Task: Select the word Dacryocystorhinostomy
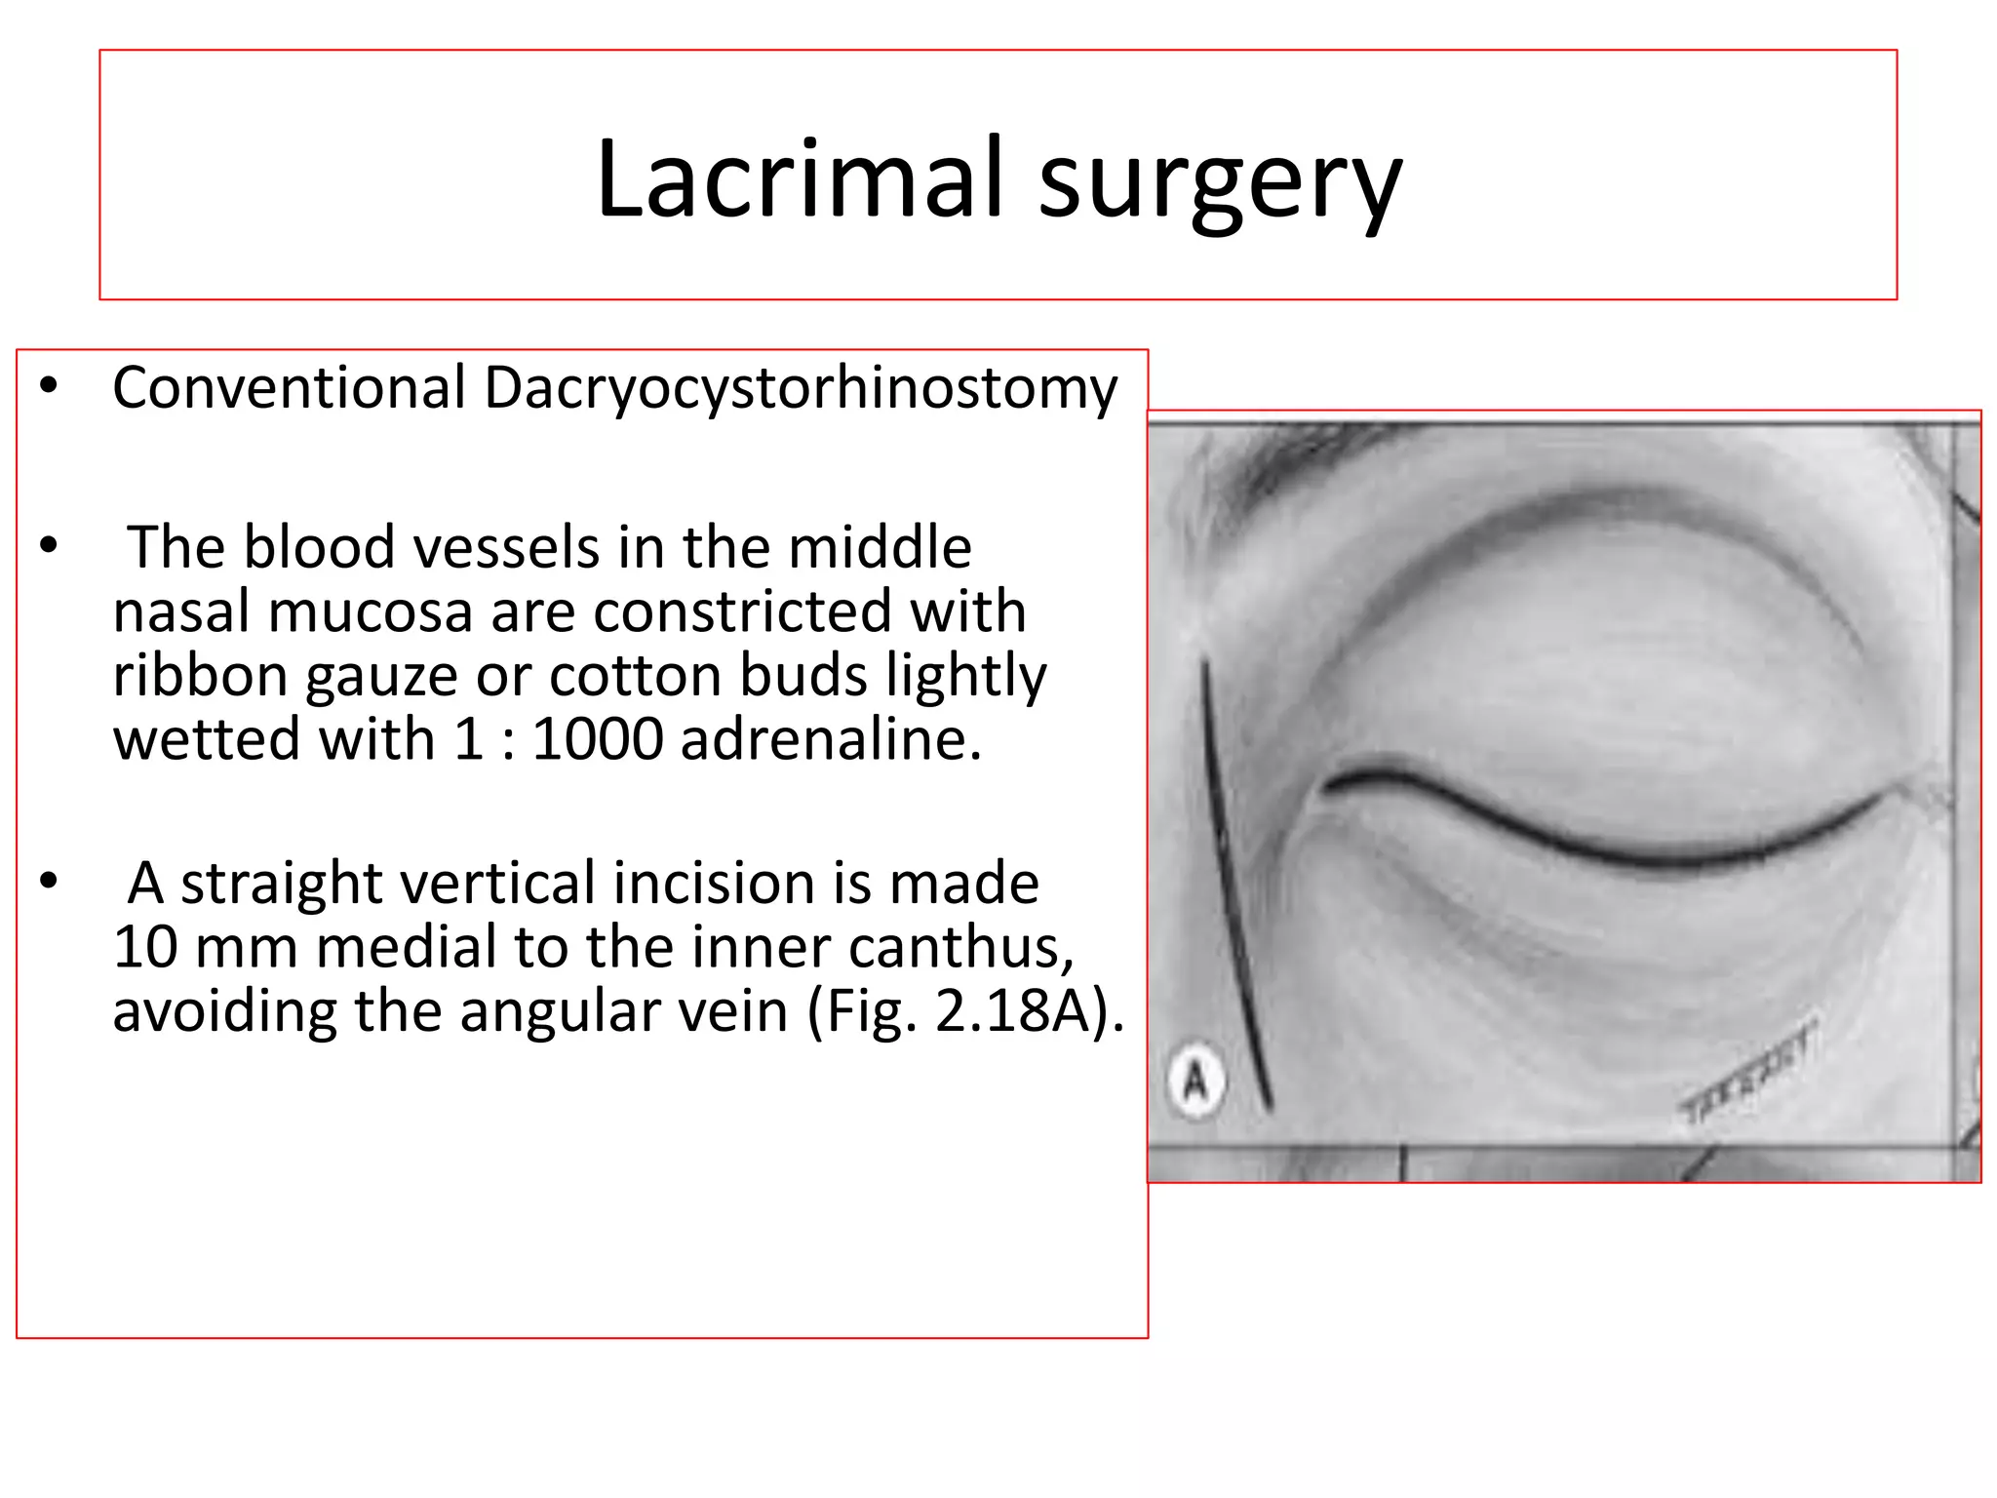point(800,388)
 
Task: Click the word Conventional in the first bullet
point(290,387)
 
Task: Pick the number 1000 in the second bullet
point(597,738)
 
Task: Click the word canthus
point(960,947)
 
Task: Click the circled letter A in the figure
point(1195,1081)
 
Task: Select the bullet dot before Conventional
point(49,387)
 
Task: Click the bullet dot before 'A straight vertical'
point(49,882)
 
